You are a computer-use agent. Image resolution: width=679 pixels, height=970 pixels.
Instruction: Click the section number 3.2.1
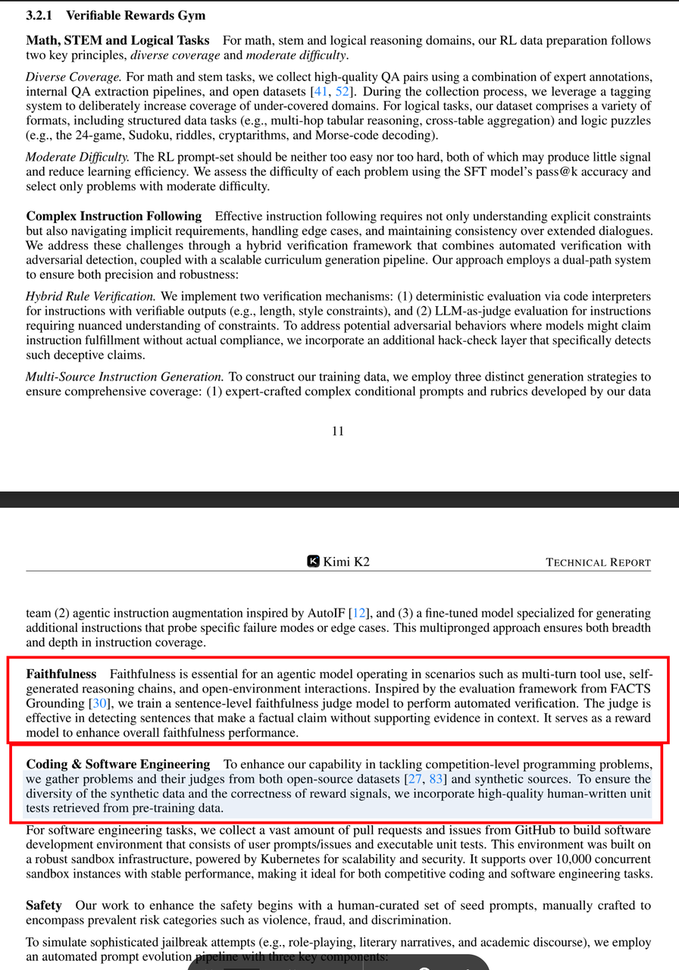(x=41, y=15)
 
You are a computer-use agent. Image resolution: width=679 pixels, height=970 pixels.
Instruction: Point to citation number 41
(x=321, y=92)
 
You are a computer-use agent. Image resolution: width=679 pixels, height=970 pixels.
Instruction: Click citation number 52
(x=343, y=92)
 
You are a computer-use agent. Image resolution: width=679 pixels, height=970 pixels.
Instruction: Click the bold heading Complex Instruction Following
(x=114, y=216)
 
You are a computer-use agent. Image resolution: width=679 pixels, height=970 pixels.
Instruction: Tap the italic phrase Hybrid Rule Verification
(x=91, y=296)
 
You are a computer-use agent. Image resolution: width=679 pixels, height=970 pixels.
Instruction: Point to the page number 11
(x=338, y=431)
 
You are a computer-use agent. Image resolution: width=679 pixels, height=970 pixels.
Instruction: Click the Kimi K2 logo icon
(x=313, y=561)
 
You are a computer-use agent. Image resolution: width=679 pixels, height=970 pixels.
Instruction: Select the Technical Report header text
(x=598, y=562)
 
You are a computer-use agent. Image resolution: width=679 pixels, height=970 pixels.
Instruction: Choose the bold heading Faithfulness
(x=61, y=674)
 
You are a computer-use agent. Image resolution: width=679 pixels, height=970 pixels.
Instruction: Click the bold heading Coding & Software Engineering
(x=118, y=764)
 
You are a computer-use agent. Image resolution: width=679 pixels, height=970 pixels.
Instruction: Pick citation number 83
(x=436, y=779)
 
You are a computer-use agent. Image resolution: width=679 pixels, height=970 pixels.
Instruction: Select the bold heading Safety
(x=45, y=906)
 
